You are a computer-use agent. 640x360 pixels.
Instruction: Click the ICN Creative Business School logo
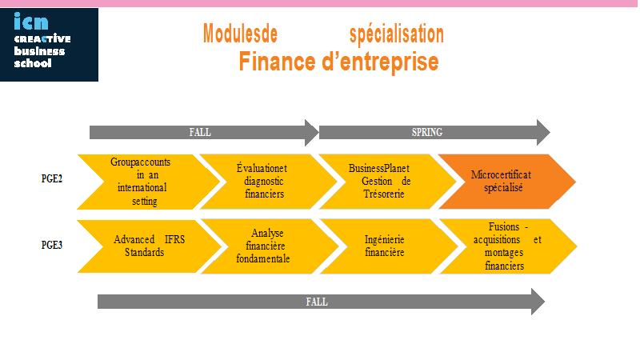[49, 45]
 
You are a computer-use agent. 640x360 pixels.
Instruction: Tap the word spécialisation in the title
[396, 34]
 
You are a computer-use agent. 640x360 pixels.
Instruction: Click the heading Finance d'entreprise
[338, 62]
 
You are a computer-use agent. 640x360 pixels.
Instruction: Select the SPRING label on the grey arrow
[427, 132]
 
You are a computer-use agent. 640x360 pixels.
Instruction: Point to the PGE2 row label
[52, 178]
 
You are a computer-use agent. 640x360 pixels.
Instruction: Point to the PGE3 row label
[52, 245]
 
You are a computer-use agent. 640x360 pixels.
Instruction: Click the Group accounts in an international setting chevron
[149, 182]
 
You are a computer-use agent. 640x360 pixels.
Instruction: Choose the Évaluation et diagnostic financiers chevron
[268, 182]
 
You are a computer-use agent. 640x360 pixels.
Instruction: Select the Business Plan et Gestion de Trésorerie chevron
[387, 182]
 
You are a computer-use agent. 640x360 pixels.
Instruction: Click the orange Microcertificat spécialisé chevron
[507, 182]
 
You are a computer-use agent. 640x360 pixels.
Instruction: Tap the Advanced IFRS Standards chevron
[150, 246]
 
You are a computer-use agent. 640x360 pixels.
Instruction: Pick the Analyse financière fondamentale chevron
[270, 246]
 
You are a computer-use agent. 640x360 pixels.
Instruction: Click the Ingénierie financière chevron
[389, 246]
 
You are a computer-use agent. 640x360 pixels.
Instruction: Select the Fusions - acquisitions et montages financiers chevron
[508, 246]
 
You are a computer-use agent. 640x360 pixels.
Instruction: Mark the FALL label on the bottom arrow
[317, 302]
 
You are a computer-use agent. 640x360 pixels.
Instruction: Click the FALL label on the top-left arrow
[200, 132]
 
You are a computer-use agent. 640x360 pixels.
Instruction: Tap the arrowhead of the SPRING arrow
[544, 132]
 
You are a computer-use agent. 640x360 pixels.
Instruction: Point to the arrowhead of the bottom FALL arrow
[538, 302]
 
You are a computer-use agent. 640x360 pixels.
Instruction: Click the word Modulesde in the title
[240, 34]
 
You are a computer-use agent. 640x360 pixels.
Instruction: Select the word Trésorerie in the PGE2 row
[384, 194]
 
